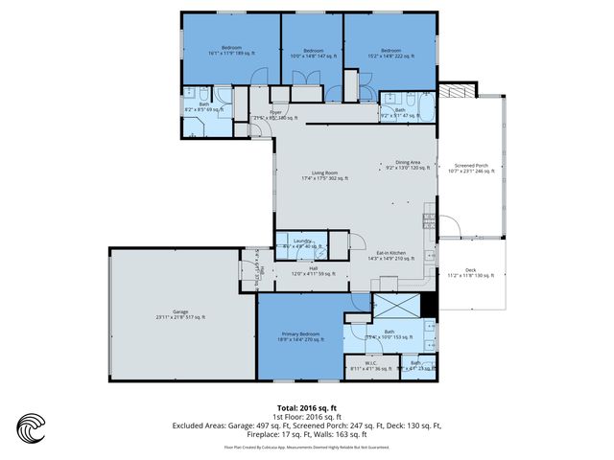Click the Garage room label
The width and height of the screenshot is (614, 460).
180,313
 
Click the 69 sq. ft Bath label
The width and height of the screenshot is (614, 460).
203,106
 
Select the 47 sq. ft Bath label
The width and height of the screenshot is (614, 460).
399,112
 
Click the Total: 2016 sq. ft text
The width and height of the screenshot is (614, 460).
306,407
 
